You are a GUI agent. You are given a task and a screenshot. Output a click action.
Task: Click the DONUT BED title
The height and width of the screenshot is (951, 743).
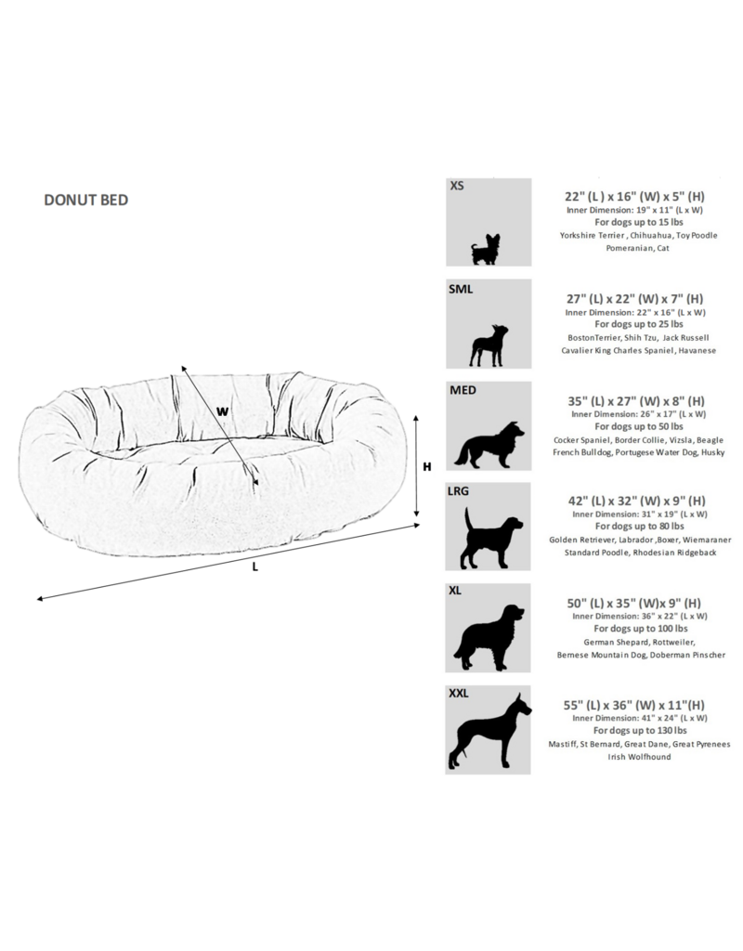click(85, 199)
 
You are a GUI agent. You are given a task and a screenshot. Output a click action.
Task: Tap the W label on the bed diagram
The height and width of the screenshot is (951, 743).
click(222, 410)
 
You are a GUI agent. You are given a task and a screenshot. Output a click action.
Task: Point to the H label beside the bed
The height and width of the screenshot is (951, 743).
click(427, 468)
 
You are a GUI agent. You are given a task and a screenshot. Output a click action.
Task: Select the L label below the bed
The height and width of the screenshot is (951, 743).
click(254, 568)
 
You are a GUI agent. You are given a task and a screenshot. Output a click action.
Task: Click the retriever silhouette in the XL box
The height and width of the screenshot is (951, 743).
click(489, 638)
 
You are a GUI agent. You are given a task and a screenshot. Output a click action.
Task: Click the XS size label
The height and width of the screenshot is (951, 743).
click(457, 187)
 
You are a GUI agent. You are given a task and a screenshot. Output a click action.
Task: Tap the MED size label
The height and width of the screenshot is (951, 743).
click(463, 390)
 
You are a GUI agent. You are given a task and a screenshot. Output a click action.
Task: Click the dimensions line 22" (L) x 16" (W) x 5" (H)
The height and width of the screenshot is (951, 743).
click(638, 197)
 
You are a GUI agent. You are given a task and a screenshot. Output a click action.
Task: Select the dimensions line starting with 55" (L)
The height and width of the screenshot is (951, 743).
click(638, 704)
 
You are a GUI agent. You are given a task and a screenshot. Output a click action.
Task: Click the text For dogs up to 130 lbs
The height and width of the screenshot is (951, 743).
click(638, 730)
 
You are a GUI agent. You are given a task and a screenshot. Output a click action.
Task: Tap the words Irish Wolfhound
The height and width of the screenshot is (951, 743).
click(638, 756)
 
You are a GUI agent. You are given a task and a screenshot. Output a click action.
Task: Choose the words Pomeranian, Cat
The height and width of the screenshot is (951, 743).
click(638, 249)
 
